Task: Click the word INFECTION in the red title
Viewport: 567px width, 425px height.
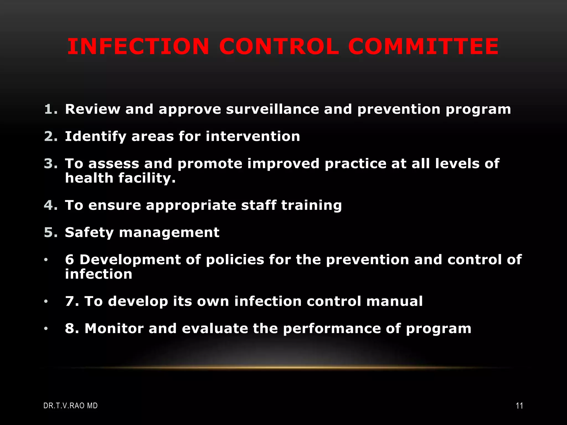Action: point(138,46)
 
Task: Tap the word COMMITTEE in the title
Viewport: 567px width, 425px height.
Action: point(423,46)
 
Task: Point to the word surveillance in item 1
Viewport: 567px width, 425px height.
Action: point(272,109)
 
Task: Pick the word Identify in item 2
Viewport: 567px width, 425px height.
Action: point(96,137)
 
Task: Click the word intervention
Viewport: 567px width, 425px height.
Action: point(253,136)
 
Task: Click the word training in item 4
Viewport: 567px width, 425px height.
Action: point(311,205)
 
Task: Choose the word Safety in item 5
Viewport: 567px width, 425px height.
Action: point(89,233)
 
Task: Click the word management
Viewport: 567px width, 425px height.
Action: point(169,232)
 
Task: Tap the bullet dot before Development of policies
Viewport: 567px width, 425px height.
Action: point(46,260)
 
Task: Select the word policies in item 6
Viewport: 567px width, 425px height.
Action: point(235,260)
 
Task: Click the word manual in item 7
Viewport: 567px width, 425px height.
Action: point(395,301)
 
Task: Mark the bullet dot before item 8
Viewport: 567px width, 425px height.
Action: point(46,328)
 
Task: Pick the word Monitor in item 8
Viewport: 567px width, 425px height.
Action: point(114,328)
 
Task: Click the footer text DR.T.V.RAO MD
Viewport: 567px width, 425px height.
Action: point(71,406)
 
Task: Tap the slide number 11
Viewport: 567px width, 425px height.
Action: point(519,406)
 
